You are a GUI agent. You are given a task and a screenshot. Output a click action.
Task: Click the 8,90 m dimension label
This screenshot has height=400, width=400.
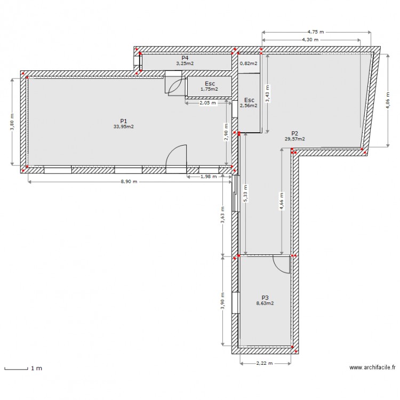pyautogui.click(x=128, y=182)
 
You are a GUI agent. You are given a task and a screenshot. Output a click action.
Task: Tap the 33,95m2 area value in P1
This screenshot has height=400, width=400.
pyautogui.click(x=123, y=127)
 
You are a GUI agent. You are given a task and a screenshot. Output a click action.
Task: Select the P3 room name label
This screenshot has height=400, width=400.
pyautogui.click(x=265, y=298)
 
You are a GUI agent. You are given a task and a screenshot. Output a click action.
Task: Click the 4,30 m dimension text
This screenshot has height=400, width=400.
pyautogui.click(x=310, y=39)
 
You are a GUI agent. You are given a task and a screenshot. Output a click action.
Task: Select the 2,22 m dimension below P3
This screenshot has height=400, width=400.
pyautogui.click(x=265, y=363)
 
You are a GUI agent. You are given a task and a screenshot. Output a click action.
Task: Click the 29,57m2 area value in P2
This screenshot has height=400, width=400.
pyautogui.click(x=294, y=139)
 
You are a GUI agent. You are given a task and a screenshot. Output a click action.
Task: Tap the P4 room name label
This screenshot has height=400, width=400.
pyautogui.click(x=185, y=58)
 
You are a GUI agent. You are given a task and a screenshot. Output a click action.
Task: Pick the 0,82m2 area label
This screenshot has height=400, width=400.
pyautogui.click(x=249, y=63)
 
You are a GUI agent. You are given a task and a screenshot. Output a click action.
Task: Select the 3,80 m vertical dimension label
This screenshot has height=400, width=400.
pyautogui.click(x=12, y=122)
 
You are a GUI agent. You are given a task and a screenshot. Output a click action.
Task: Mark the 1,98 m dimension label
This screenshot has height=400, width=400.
pyautogui.click(x=207, y=177)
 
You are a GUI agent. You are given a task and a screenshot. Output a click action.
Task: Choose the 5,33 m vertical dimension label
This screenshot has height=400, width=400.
pyautogui.click(x=245, y=194)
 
